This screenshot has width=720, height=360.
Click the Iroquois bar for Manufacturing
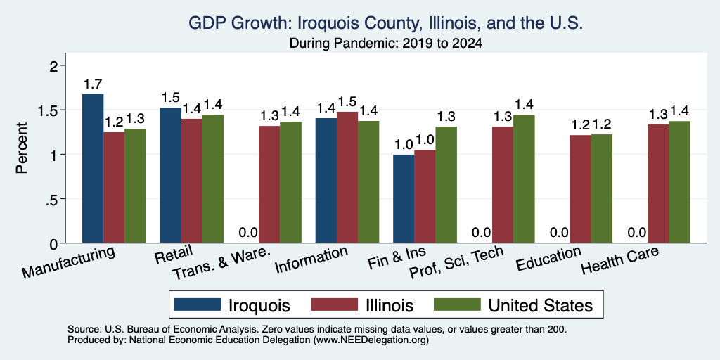pos(93,169)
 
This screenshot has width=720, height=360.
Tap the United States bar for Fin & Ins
pos(446,185)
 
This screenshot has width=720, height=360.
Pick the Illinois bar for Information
pos(347,177)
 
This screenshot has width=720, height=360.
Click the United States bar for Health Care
pos(680,182)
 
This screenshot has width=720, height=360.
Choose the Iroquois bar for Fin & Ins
pos(404,199)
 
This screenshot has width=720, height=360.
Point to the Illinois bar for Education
pos(580,189)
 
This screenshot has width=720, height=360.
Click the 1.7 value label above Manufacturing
pos(93,84)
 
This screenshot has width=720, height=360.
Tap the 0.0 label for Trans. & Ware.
pos(248,233)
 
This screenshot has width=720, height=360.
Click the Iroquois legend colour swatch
pos(198,304)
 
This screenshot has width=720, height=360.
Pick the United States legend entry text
pos(541,305)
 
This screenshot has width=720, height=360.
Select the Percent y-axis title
pos(22,148)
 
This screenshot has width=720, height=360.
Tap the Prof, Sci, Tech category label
pos(456,262)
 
